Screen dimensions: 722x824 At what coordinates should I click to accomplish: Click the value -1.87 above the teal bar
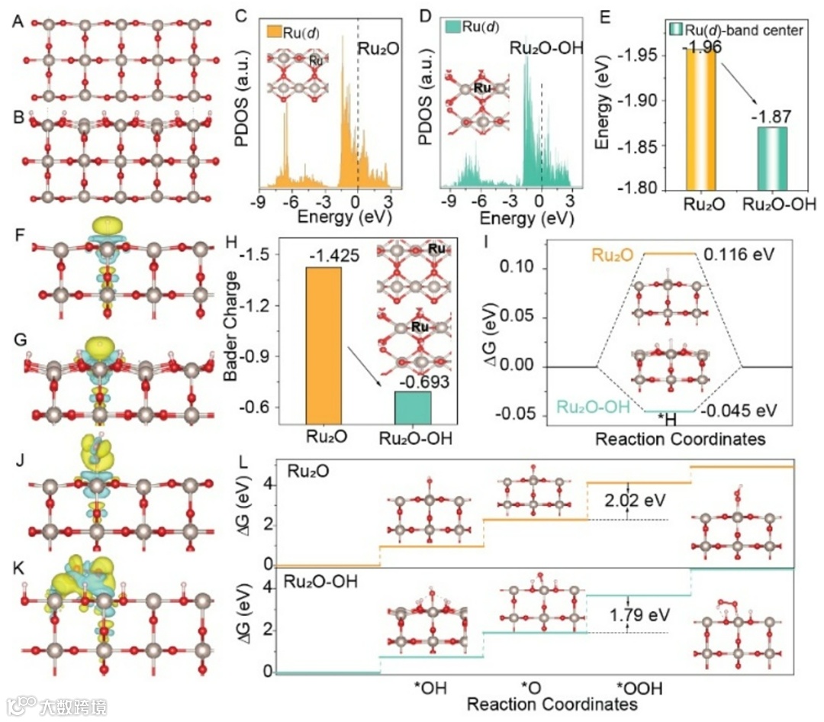tap(771, 117)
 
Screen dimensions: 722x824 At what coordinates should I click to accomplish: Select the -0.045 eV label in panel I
tap(739, 411)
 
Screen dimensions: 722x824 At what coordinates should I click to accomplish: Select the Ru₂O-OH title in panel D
tap(546, 50)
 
